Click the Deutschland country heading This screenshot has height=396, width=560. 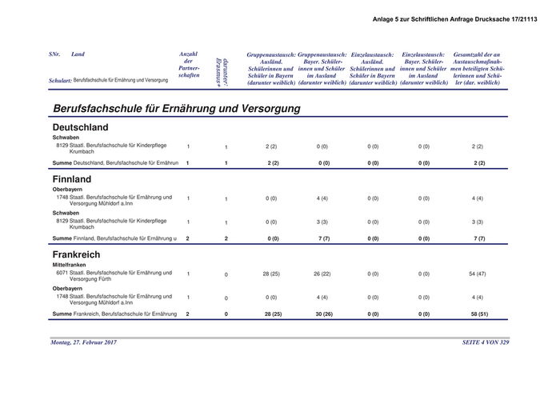click(x=80, y=127)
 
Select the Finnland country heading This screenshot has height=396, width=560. click(x=72, y=179)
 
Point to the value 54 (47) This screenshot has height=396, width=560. click(x=478, y=274)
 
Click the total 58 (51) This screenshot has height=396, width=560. click(x=479, y=314)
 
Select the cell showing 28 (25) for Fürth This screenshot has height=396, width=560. click(x=271, y=274)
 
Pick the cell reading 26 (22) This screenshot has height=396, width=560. click(x=323, y=274)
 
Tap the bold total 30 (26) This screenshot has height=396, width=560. click(x=323, y=314)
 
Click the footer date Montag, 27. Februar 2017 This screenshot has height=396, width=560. click(x=83, y=342)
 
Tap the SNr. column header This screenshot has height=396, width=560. click(x=54, y=54)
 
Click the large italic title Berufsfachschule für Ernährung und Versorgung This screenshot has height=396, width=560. click(x=176, y=107)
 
